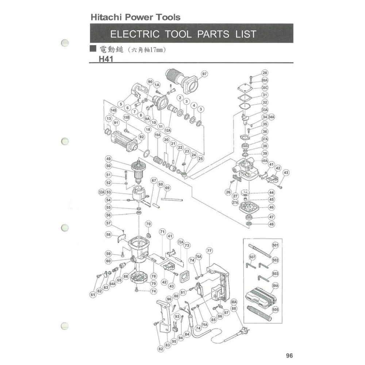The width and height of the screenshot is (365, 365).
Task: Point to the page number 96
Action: click(x=289, y=356)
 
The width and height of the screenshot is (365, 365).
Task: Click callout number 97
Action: click(x=204, y=74)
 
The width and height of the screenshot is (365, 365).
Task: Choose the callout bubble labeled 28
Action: click(x=265, y=73)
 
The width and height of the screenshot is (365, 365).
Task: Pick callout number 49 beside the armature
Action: click(x=108, y=159)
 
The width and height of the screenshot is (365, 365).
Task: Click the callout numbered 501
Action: click(x=275, y=245)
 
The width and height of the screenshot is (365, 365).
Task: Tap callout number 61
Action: click(x=93, y=294)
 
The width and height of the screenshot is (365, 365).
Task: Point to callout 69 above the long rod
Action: click(x=167, y=188)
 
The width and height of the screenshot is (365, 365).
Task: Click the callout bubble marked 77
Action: click(x=209, y=251)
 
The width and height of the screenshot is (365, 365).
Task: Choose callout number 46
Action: click(x=272, y=207)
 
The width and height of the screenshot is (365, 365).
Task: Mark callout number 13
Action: click(x=108, y=119)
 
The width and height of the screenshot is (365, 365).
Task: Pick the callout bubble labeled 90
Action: click(x=150, y=82)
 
